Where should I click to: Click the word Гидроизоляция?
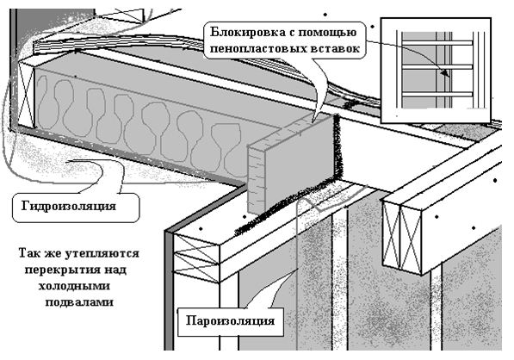[69, 206]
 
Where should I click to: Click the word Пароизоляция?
[230, 320]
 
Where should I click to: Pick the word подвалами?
[79, 302]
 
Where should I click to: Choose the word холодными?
[74, 286]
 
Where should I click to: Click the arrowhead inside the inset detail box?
[445, 73]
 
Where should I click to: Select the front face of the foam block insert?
[300, 162]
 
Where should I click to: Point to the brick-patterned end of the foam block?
[256, 178]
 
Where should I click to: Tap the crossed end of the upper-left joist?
[26, 95]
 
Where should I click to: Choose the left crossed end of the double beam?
[392, 233]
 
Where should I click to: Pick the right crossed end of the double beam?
[411, 239]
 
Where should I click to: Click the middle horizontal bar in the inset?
[437, 67]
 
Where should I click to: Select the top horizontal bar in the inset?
[437, 43]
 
